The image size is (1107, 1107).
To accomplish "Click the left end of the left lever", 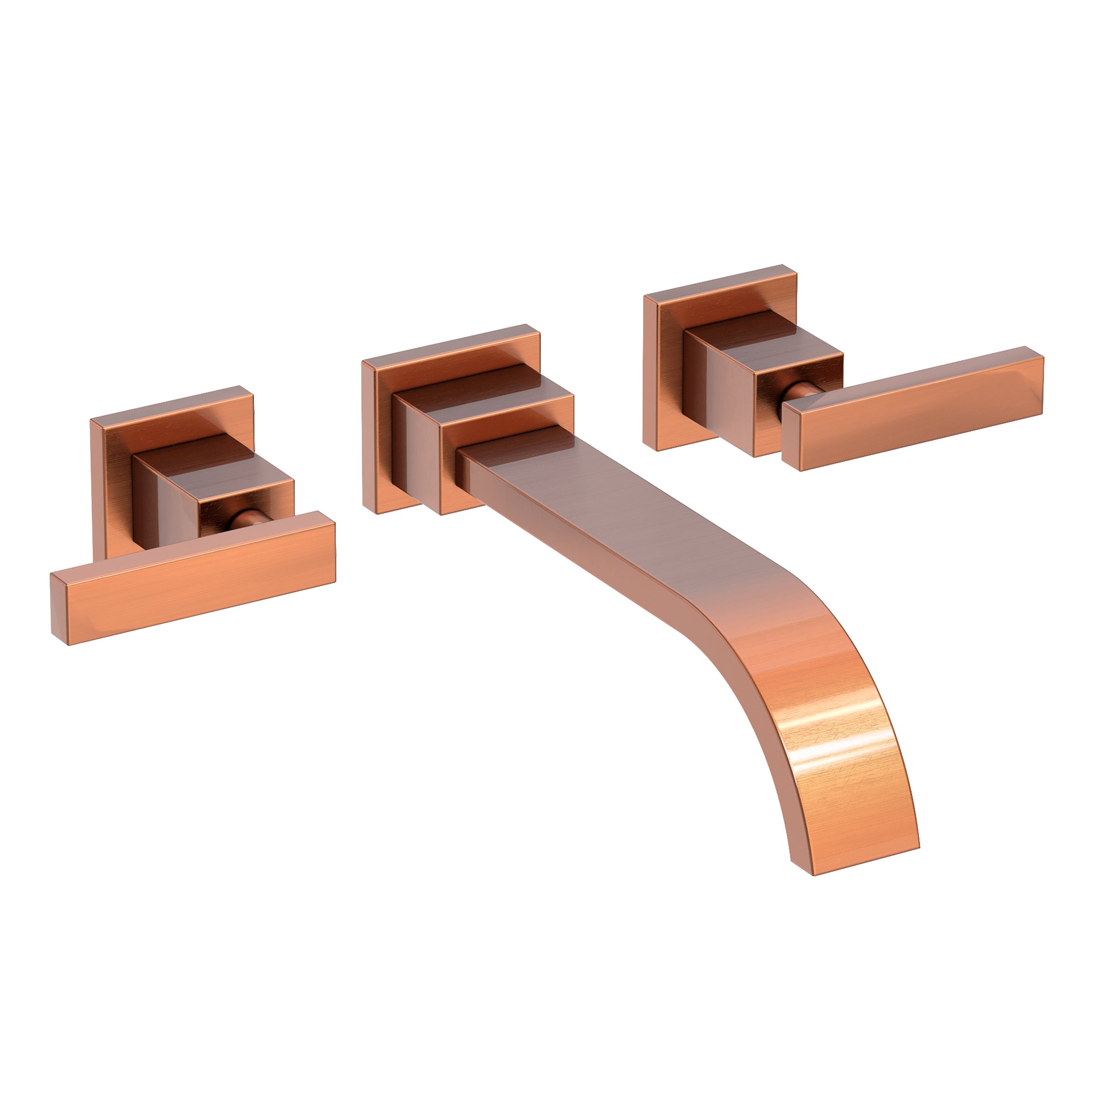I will click(60, 616).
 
